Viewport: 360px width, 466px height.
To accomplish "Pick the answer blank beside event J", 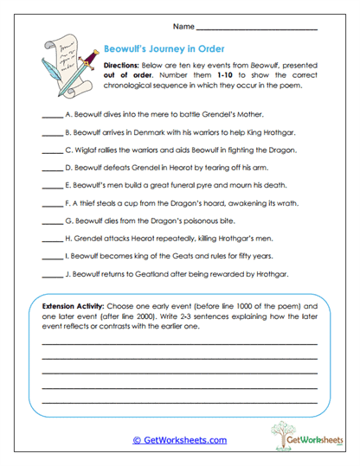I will pos(51,277).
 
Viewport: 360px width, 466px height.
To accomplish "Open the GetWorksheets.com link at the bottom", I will pos(179,440).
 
